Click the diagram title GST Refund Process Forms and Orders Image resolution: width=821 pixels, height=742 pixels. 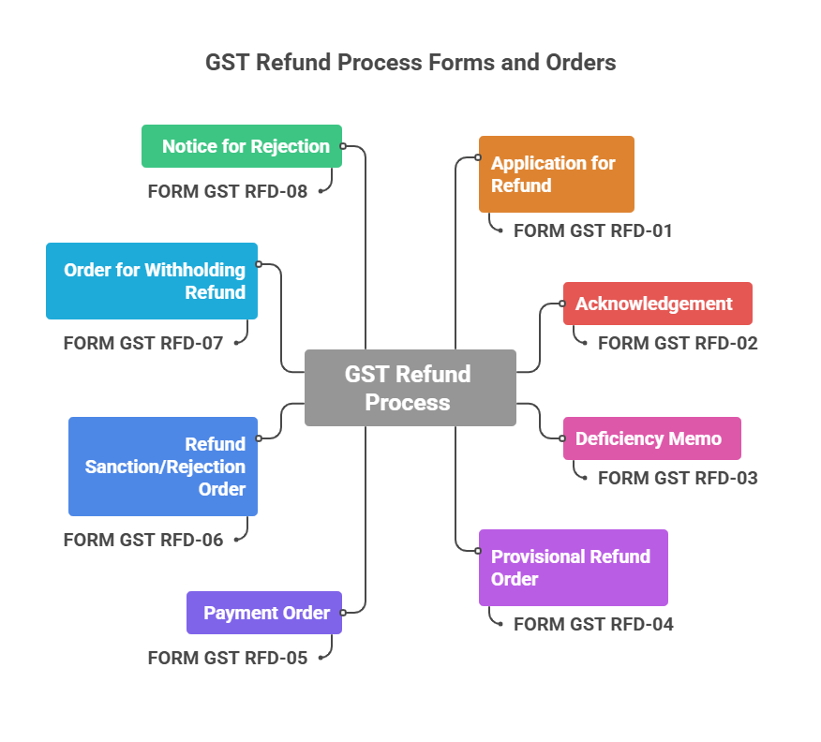(x=410, y=63)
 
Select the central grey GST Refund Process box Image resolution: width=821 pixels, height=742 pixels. (x=410, y=388)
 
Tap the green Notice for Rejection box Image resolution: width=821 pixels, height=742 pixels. (x=242, y=146)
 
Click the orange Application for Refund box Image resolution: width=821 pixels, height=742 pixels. (x=556, y=174)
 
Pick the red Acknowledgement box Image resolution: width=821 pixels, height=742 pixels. (x=657, y=304)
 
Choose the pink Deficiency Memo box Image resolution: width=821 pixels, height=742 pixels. (x=651, y=438)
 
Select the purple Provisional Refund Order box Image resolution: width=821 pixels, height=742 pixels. (x=573, y=568)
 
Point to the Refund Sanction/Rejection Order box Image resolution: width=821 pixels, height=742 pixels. (x=163, y=467)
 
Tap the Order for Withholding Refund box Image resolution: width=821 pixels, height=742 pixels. (x=152, y=281)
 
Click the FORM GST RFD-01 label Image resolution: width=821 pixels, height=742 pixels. (x=592, y=230)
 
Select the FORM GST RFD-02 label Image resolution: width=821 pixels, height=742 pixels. (x=678, y=343)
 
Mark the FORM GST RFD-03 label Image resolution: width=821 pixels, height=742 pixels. (x=678, y=478)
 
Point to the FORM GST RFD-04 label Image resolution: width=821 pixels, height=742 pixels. (x=593, y=624)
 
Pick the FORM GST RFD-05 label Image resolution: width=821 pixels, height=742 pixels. (x=228, y=658)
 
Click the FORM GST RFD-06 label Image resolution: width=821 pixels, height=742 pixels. (x=143, y=540)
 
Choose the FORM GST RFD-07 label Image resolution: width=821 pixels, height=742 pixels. (x=143, y=343)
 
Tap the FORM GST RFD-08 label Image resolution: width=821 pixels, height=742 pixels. (x=228, y=191)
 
